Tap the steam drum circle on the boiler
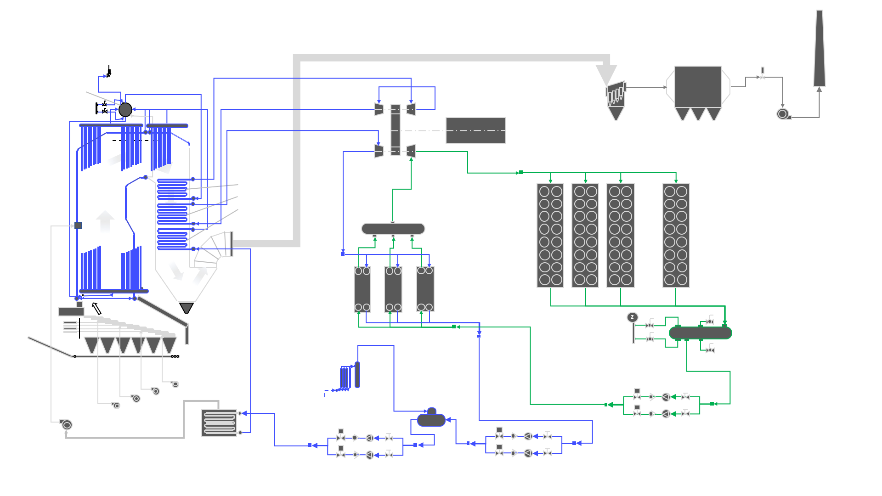pos(125,110)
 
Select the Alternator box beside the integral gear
pos(475,130)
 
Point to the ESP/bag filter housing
pos(698,87)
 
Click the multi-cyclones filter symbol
pos(616,99)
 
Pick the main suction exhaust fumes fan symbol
pos(782,113)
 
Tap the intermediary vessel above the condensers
pos(393,229)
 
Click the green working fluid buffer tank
pos(700,333)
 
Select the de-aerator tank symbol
pos(431,419)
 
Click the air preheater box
pos(220,423)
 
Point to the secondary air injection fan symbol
pos(66,425)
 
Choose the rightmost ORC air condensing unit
pos(676,235)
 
